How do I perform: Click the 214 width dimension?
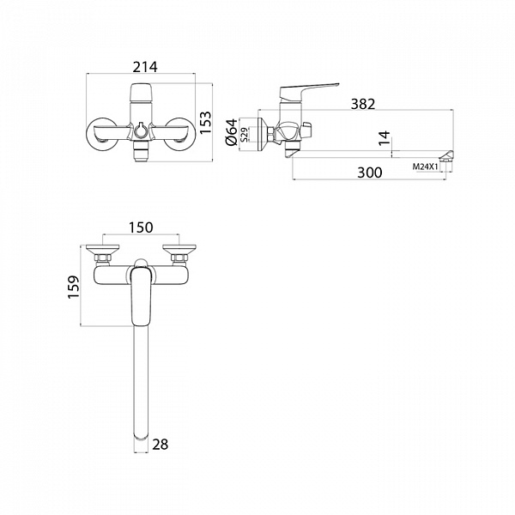(x=145, y=67)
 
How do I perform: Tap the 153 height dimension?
(x=206, y=123)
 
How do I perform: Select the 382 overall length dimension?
(x=362, y=104)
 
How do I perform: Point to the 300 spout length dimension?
(x=369, y=173)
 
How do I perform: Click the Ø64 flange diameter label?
(x=232, y=132)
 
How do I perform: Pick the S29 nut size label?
(x=245, y=135)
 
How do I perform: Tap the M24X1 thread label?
(x=426, y=167)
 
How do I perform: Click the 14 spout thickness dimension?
(x=385, y=138)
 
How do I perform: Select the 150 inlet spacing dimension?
(x=141, y=227)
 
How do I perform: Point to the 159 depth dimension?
(x=74, y=287)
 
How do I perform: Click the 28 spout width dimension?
(x=161, y=445)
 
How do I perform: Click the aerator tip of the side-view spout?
(x=446, y=156)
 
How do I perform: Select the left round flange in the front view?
(x=102, y=135)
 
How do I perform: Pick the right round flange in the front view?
(x=180, y=135)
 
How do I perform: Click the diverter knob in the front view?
(x=142, y=130)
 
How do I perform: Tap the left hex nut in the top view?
(x=102, y=258)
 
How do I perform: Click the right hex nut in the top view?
(x=179, y=258)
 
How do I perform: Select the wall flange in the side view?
(x=262, y=135)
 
